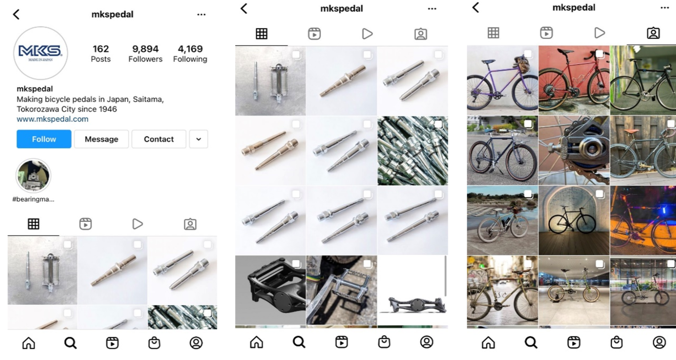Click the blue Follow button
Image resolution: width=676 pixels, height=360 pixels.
pos(44,139)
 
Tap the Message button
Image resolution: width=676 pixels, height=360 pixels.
pos(102,139)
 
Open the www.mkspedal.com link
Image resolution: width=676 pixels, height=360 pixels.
pos(53,119)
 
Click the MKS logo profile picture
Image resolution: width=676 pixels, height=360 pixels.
pos(40,53)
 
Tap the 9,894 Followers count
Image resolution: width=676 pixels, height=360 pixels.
pos(145,54)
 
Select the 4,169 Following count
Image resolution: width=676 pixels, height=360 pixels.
pos(190,54)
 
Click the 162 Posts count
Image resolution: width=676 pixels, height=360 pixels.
pos(101,54)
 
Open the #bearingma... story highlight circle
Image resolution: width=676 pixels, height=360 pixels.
pos(33,176)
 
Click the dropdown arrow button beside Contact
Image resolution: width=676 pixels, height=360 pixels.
pos(199,139)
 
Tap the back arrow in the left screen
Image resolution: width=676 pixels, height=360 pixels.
pos(16,14)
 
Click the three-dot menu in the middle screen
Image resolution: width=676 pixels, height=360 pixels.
pos(432,9)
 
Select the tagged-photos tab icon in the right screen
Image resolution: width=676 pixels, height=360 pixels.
pos(654,33)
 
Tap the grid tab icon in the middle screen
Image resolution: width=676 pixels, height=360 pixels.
pos(261,33)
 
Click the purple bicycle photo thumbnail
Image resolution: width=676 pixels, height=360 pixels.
pos(502,80)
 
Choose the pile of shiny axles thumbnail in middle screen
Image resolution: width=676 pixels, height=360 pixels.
pos(413,150)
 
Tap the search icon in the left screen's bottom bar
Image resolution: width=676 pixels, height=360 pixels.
pos(70,343)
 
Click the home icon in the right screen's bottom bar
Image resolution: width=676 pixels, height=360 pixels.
pos(488,343)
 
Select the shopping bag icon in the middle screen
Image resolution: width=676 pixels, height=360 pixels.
pos(384,342)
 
